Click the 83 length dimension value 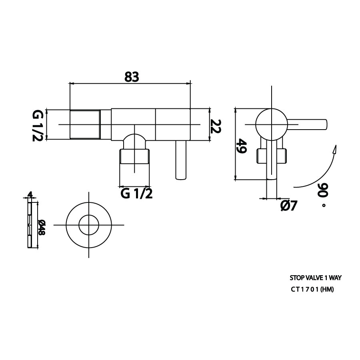pyautogui.click(x=132, y=77)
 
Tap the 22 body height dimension pyautogui.click(x=216, y=126)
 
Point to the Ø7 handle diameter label pyautogui.click(x=289, y=205)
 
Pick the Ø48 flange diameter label pyautogui.click(x=42, y=227)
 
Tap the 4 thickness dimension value pyautogui.click(x=30, y=194)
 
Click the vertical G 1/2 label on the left pyautogui.click(x=37, y=125)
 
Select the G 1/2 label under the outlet pyautogui.click(x=137, y=194)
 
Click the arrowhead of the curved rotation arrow pyautogui.click(x=335, y=149)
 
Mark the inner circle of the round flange pyautogui.click(x=89, y=225)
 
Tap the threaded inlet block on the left pyautogui.click(x=85, y=124)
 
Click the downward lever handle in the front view pyautogui.click(x=181, y=160)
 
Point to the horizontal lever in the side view pyautogui.click(x=307, y=124)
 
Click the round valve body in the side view pyautogui.click(x=272, y=124)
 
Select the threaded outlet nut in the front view pyautogui.click(x=134, y=156)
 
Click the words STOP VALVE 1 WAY pyautogui.click(x=316, y=278)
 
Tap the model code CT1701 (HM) pyautogui.click(x=312, y=290)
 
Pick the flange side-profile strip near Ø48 pyautogui.click(x=30, y=224)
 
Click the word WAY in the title pyautogui.click(x=335, y=278)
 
